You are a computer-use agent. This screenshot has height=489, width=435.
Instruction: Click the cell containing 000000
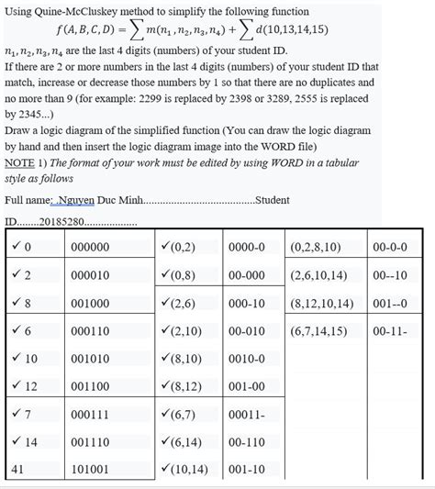(89, 246)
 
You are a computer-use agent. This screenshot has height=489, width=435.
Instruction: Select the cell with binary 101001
(89, 469)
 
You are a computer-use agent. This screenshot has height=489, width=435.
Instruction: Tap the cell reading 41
(17, 469)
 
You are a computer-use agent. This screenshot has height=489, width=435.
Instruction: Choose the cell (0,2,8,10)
(315, 246)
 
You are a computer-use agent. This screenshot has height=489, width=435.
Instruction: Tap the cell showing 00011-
(245, 414)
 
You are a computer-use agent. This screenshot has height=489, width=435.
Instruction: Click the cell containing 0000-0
(245, 246)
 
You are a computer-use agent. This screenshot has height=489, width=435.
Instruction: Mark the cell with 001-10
(245, 469)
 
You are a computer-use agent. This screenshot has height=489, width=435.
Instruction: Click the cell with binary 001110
(89, 441)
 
